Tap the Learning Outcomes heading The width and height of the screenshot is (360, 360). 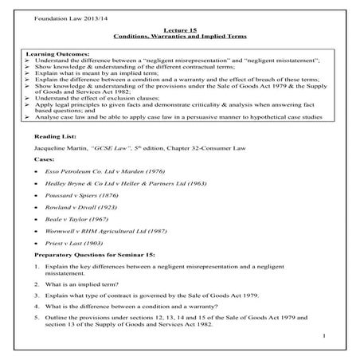[51, 53]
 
